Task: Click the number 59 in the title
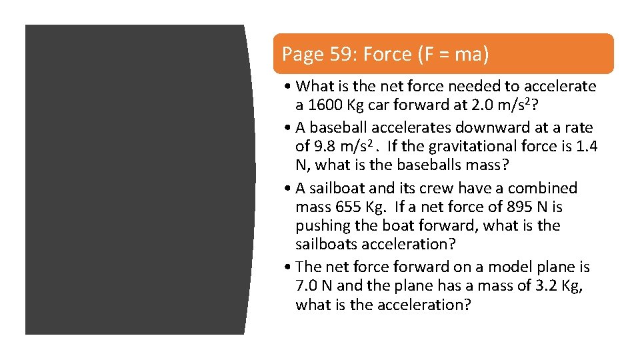(344, 55)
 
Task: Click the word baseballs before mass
(437, 165)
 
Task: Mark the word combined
(545, 188)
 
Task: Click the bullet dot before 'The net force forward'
(287, 267)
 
